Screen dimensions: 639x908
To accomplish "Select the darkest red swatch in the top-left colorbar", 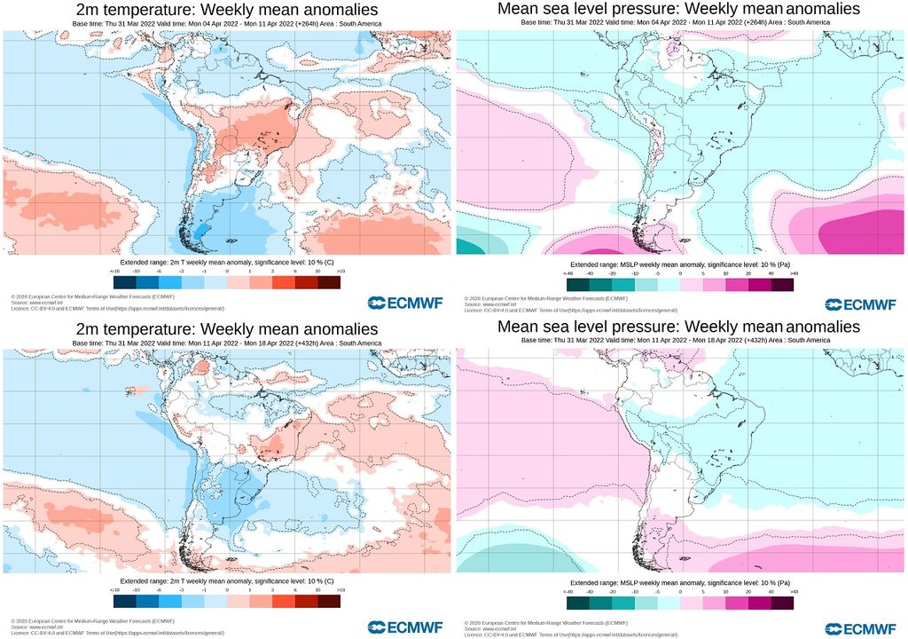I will tap(329, 282).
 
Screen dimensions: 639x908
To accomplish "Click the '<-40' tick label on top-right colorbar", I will tap(570, 273).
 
